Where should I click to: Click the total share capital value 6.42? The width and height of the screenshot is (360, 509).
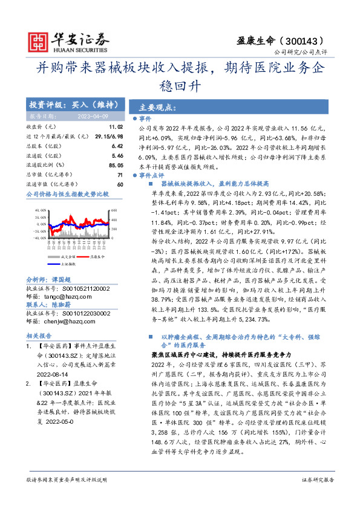click(x=117, y=146)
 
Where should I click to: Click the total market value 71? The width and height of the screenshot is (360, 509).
click(x=120, y=174)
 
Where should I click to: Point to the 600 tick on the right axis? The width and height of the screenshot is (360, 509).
click(x=113, y=210)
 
